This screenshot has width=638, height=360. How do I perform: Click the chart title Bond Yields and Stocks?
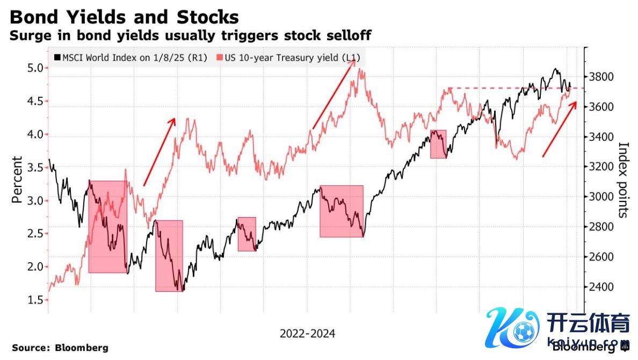(x=124, y=17)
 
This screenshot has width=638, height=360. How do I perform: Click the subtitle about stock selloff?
(x=191, y=36)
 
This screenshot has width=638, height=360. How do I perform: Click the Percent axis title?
(x=17, y=179)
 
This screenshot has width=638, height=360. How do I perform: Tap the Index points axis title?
(x=624, y=179)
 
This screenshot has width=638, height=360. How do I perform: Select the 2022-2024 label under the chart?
(x=307, y=334)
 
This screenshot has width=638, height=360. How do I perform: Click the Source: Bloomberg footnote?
(x=60, y=348)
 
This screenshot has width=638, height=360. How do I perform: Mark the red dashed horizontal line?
(x=510, y=88)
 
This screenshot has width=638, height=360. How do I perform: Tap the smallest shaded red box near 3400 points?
(x=438, y=144)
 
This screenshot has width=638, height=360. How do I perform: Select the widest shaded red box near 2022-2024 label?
(x=342, y=211)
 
